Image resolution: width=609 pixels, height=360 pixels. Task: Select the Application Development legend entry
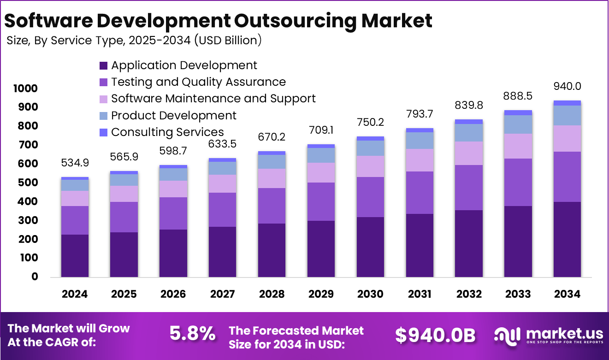[x=184, y=65]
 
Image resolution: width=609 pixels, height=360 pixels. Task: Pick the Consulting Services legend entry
[x=167, y=132]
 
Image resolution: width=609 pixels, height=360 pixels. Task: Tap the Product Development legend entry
[x=174, y=115]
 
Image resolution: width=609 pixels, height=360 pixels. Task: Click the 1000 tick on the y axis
[x=25, y=89]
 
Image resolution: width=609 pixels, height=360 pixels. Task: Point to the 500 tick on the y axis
[x=28, y=183]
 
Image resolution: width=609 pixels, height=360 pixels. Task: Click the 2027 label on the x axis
[x=222, y=294]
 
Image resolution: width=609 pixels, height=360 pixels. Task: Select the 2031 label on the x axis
[x=420, y=294]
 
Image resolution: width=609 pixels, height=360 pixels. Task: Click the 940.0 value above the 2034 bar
[x=567, y=87]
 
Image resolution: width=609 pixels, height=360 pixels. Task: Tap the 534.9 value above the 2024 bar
[x=75, y=163]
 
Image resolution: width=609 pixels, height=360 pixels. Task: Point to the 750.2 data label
[x=370, y=123]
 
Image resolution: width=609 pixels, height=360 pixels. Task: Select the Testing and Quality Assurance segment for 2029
[x=321, y=201]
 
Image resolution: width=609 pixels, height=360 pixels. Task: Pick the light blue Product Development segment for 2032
[x=468, y=133]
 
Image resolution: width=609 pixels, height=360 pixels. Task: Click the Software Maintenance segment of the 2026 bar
[x=173, y=189]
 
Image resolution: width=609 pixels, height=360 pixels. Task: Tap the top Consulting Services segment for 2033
[x=518, y=112]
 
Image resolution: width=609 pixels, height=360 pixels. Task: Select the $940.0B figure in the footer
[x=435, y=335]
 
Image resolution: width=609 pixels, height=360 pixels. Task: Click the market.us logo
[x=548, y=335]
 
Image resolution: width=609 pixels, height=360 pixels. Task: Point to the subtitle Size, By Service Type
[x=134, y=41]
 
